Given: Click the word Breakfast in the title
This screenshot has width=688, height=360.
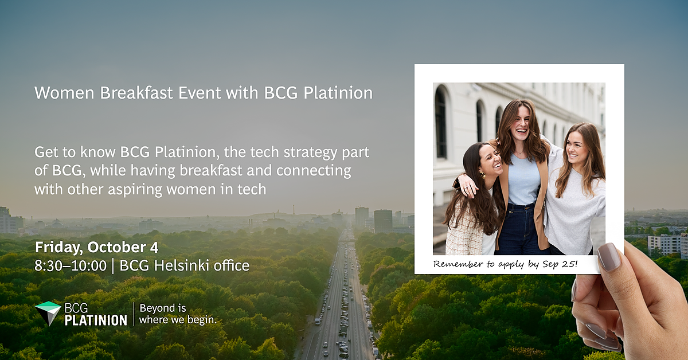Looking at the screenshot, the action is click(x=136, y=92).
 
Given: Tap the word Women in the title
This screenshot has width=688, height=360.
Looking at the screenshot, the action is click(x=64, y=92).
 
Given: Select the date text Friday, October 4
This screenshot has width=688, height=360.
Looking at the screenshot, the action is click(x=97, y=247).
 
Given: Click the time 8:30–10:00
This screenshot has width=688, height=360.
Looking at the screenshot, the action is click(x=71, y=265).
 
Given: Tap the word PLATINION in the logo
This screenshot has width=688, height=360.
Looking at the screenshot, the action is click(x=96, y=320).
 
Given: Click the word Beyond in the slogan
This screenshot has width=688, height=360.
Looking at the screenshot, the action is click(x=157, y=308).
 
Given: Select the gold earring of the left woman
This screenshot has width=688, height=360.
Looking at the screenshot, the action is click(x=483, y=175).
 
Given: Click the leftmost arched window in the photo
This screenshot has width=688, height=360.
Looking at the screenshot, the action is click(x=441, y=123).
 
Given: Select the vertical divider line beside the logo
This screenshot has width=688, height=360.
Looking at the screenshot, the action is click(x=134, y=314).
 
